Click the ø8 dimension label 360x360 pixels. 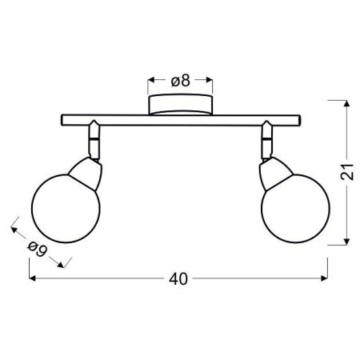(179, 80)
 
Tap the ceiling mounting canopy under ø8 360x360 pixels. (179, 106)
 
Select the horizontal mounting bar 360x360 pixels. (179, 121)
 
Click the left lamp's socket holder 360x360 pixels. (89, 170)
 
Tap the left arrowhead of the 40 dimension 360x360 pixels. (33, 278)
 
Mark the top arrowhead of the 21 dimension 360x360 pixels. (346, 102)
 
